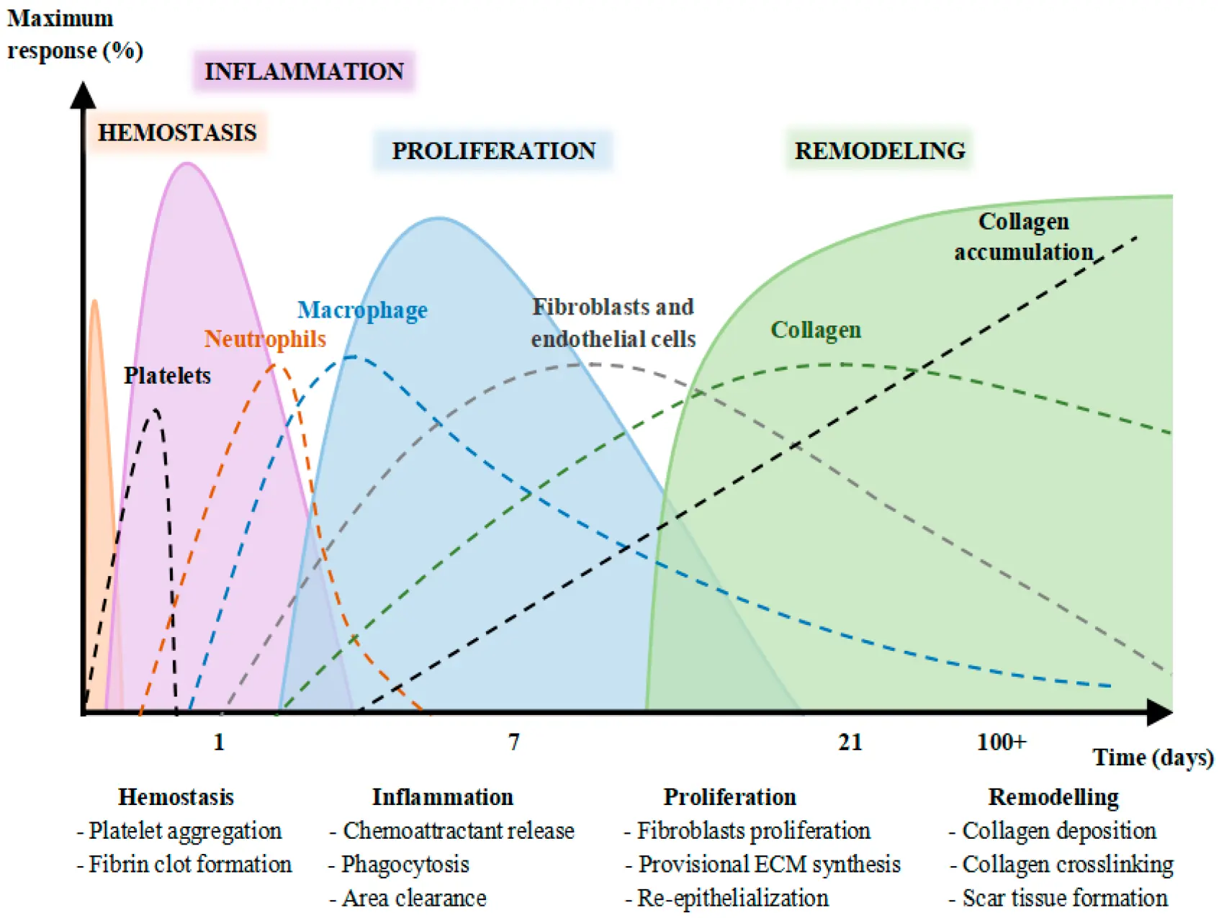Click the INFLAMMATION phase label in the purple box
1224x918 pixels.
click(304, 71)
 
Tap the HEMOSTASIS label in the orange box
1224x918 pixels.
click(177, 132)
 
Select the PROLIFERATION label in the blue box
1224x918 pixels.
click(493, 150)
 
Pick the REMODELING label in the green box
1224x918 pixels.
click(879, 150)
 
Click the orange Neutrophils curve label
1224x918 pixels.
click(264, 338)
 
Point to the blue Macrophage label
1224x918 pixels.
click(362, 310)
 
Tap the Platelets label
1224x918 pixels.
click(167, 375)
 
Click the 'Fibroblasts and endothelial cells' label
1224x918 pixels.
click(613, 323)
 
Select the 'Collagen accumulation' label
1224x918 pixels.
click(1023, 236)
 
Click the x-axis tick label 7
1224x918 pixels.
click(513, 742)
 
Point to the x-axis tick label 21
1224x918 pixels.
click(850, 742)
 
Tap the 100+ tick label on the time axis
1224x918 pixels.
click(1001, 742)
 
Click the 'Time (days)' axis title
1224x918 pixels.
click(1153, 757)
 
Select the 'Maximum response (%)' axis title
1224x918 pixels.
click(74, 35)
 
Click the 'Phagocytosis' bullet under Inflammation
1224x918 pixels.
click(405, 864)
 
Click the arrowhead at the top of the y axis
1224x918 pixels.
click(83, 94)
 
